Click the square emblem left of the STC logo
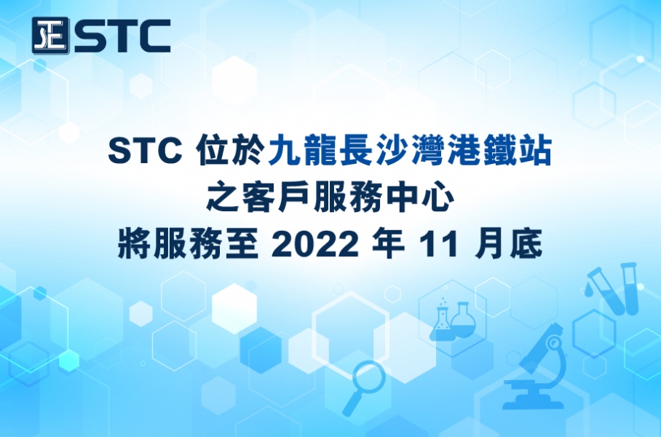(x=50, y=36)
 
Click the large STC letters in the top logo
(x=123, y=36)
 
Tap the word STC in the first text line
(x=146, y=151)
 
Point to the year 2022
(x=315, y=244)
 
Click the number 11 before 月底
(x=439, y=244)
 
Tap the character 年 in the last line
(x=388, y=244)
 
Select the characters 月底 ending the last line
(x=508, y=244)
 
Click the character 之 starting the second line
(x=223, y=197)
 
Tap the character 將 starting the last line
(x=134, y=244)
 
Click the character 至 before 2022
(x=242, y=244)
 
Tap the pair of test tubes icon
(x=612, y=288)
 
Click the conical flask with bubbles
(x=441, y=320)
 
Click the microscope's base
(x=533, y=403)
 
